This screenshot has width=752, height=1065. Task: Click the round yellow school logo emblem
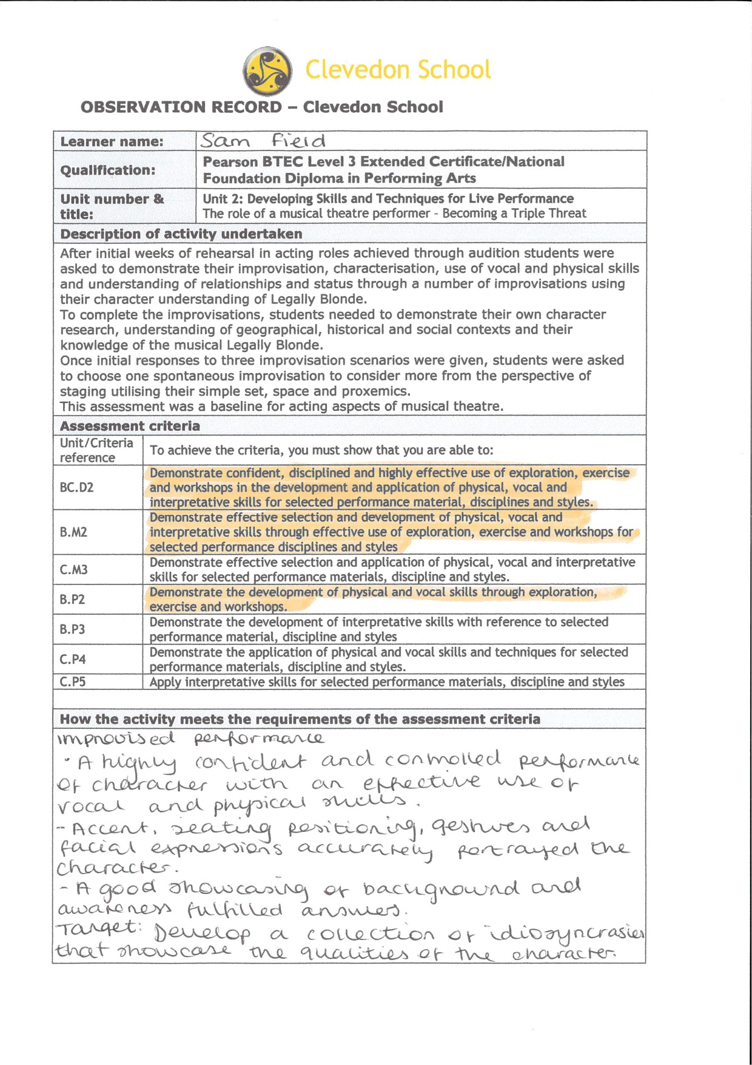(x=267, y=71)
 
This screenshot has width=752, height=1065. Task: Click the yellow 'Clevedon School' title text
(x=397, y=70)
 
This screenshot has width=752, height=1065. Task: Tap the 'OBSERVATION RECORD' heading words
(x=181, y=107)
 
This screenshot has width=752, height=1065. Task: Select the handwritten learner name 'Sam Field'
(x=263, y=141)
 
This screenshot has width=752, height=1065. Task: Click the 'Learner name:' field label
(x=112, y=142)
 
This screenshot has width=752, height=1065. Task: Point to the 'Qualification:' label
(x=107, y=171)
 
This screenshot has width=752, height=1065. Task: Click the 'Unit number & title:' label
(x=112, y=206)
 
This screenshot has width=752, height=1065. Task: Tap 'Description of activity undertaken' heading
(x=181, y=234)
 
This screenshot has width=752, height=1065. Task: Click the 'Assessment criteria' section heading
(x=130, y=426)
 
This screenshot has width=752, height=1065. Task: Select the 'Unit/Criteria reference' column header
(x=96, y=450)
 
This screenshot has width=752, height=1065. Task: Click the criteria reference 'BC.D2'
(x=76, y=488)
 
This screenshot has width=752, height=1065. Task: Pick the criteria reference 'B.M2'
(x=73, y=532)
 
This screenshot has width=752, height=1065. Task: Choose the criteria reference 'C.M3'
(x=73, y=570)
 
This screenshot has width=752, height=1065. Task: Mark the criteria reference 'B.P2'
(x=72, y=600)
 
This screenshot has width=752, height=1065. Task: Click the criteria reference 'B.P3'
(x=72, y=629)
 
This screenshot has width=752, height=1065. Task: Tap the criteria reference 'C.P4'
(x=73, y=660)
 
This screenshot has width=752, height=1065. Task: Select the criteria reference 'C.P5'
(x=73, y=682)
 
